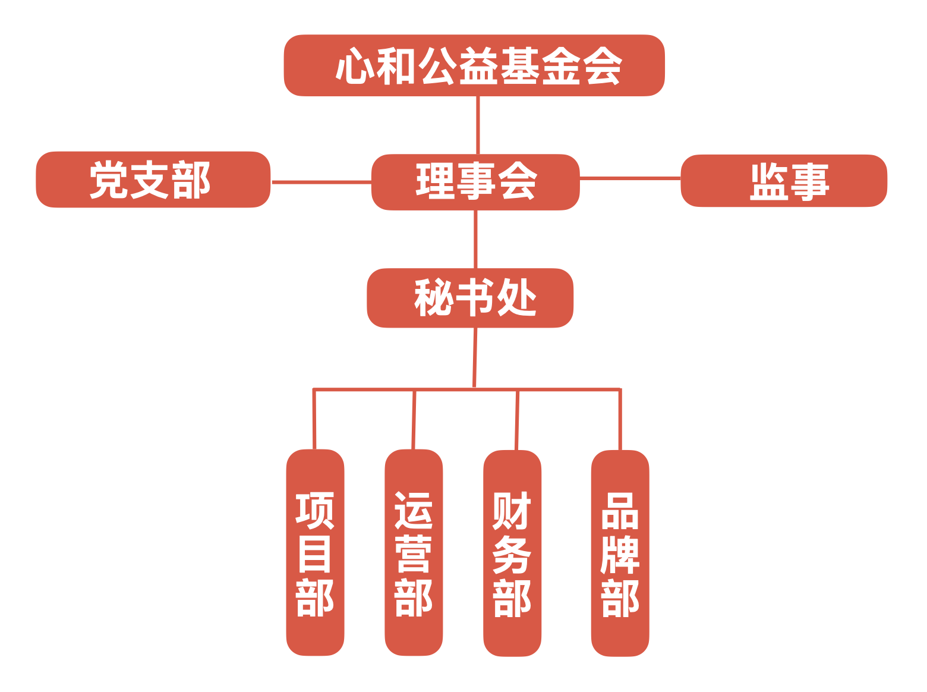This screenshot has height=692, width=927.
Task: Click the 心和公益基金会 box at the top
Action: (474, 65)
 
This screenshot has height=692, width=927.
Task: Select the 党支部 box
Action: (153, 180)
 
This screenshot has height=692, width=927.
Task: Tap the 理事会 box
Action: (475, 182)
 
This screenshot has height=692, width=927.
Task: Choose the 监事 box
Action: (784, 181)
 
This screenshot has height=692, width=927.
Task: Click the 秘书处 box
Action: (470, 298)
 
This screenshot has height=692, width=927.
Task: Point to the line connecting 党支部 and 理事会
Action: (321, 182)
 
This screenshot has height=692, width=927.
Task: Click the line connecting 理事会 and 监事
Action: (630, 177)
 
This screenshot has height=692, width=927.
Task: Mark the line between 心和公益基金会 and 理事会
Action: (478, 125)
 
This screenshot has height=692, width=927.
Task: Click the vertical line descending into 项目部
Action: (314, 419)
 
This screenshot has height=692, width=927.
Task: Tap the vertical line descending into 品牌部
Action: (620, 419)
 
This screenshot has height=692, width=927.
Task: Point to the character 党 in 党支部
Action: (108, 180)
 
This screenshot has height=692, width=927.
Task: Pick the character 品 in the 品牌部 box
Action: (620, 511)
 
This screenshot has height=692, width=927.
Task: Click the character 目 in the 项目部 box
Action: (314, 553)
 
